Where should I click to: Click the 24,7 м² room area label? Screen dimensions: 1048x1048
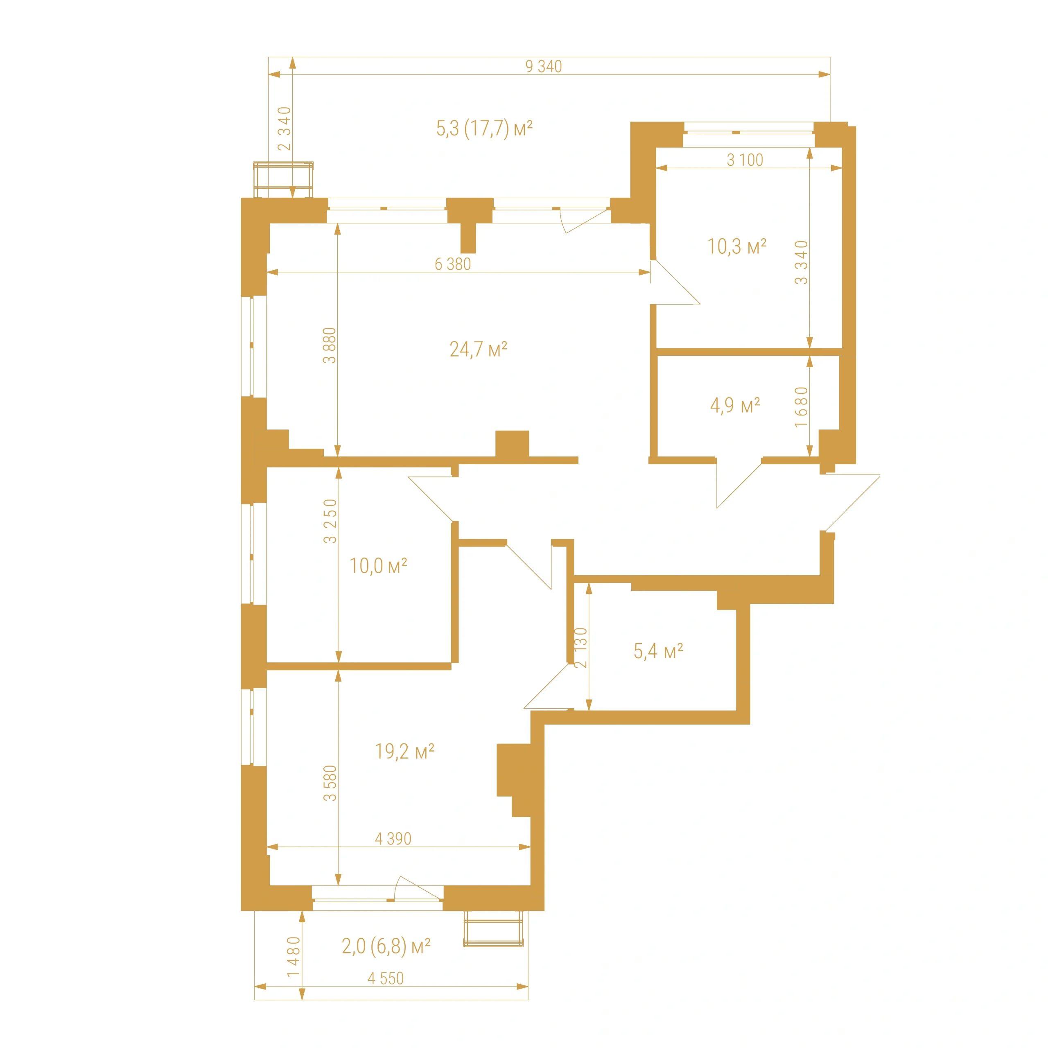pyautogui.click(x=479, y=349)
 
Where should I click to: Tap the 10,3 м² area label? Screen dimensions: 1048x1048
pyautogui.click(x=736, y=246)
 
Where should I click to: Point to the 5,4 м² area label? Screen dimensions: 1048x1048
pyautogui.click(x=658, y=651)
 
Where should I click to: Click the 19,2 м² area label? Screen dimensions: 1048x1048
pyautogui.click(x=404, y=751)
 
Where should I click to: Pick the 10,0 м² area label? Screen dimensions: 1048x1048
pyautogui.click(x=378, y=566)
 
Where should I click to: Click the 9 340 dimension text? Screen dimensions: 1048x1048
pyautogui.click(x=544, y=66)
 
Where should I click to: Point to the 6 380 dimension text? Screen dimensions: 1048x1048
pyautogui.click(x=452, y=264)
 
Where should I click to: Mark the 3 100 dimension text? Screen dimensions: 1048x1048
pyautogui.click(x=745, y=160)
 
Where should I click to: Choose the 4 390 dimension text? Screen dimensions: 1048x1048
pyautogui.click(x=393, y=839)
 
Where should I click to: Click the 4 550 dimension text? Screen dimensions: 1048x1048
pyautogui.click(x=386, y=978)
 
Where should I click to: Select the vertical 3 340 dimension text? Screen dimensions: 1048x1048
pyautogui.click(x=801, y=262)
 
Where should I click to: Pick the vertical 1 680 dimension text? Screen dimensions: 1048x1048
pyautogui.click(x=801, y=407)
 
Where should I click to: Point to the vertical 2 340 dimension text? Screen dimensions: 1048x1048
pyautogui.click(x=284, y=129)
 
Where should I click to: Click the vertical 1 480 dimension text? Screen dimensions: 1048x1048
pyautogui.click(x=294, y=957)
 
